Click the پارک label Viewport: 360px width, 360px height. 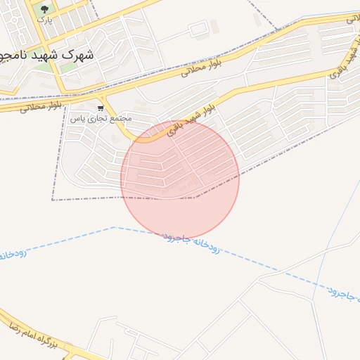[44, 20]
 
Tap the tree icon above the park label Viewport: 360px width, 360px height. [45, 10]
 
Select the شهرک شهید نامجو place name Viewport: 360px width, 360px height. [47, 53]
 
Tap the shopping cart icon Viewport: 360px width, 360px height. [101, 108]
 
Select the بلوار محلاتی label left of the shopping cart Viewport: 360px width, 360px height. [41, 107]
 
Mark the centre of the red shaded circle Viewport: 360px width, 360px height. [180, 179]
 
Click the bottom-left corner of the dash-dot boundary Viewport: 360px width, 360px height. [53, 200]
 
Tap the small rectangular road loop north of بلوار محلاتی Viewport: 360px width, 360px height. [199, 29]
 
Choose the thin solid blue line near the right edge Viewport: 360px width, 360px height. [330, 225]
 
